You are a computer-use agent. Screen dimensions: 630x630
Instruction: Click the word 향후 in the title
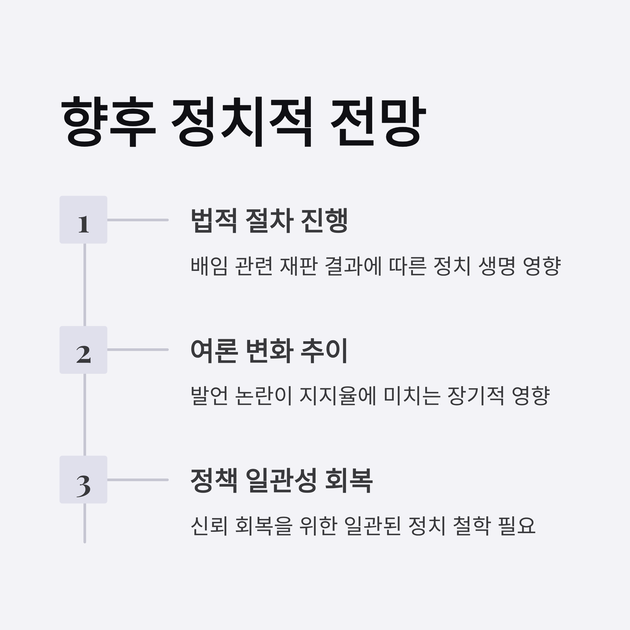point(109,121)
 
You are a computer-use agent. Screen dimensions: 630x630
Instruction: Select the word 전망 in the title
point(378,121)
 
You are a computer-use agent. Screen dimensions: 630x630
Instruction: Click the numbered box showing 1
point(83,220)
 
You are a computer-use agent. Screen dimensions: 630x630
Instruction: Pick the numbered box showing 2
point(83,350)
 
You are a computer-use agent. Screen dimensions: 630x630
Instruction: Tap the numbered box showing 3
point(83,480)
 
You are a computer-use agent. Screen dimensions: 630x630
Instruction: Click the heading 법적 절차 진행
point(269,220)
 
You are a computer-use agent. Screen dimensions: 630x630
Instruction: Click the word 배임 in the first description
point(209,266)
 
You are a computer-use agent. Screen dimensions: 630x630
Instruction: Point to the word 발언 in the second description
point(209,396)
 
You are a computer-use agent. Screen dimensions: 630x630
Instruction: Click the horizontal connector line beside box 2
point(138,350)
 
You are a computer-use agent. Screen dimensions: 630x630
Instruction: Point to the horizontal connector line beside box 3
point(138,480)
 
